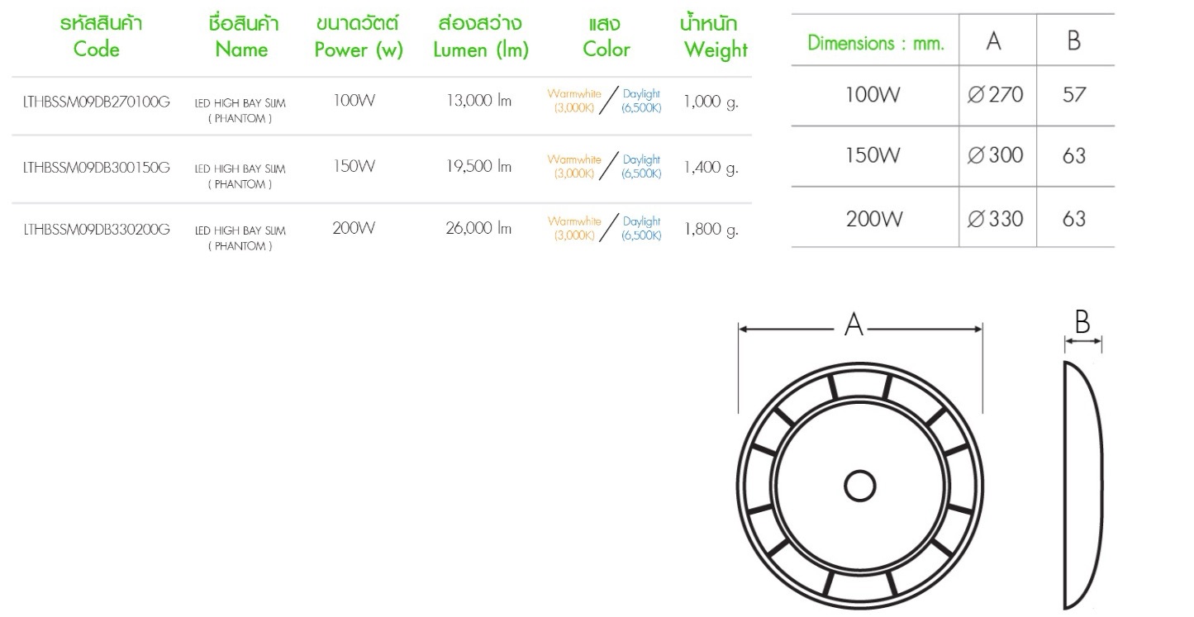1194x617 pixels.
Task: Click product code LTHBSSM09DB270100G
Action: point(97,102)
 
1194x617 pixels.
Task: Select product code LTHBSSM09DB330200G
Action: point(97,230)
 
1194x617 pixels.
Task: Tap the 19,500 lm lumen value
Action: point(478,166)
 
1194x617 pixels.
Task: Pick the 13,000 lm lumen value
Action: point(478,102)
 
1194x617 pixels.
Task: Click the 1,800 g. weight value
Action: point(711,230)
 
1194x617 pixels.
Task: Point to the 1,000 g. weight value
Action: point(711,102)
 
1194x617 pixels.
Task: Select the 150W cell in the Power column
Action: point(354,166)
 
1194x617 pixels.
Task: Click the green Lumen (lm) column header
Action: point(481,37)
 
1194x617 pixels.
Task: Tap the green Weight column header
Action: point(716,37)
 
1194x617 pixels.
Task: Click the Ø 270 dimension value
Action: point(996,95)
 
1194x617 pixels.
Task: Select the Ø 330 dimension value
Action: point(996,219)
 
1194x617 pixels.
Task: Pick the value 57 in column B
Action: point(1074,95)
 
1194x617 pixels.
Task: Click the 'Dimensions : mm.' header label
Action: point(876,43)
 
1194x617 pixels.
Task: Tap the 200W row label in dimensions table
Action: point(873,219)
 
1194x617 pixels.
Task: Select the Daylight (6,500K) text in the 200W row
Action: point(641,229)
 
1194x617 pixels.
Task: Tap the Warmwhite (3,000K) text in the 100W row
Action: point(574,100)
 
